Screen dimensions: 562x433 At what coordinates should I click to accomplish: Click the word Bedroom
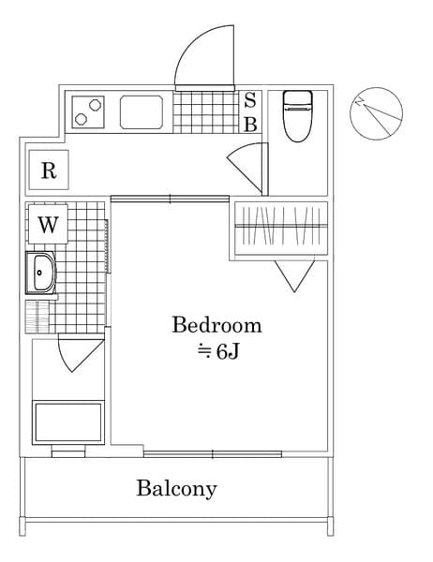coord(216,325)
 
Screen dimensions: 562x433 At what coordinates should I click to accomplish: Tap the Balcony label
coord(176,488)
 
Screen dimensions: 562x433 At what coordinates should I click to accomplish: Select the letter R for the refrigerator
coord(49,170)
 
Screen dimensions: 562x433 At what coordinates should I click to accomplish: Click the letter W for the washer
coord(49,225)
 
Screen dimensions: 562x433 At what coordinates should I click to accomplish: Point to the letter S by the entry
coord(250,101)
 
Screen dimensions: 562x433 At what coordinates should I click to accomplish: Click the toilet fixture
coord(296,114)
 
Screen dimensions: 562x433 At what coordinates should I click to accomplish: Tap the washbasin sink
coord(41,274)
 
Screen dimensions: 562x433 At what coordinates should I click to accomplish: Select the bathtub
coord(68,422)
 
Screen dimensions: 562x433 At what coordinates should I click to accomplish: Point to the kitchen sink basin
coord(142,112)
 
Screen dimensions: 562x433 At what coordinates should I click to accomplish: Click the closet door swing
coord(294,274)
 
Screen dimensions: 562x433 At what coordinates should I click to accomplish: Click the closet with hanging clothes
coord(280,228)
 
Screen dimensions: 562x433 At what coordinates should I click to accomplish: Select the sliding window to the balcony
coord(213,453)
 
